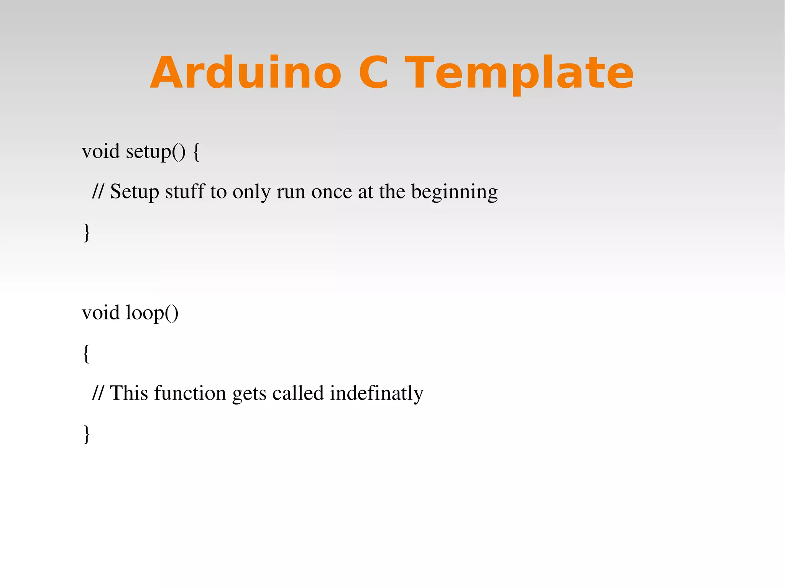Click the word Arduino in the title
245,73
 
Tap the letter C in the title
373,73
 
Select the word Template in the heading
519,73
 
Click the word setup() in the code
156,151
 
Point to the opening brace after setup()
196,152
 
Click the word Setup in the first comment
134,192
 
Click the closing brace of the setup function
87,232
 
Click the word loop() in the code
152,313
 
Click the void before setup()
101,151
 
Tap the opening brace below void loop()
87,353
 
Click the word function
190,393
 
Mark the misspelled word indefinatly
376,394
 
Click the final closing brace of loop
87,434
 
